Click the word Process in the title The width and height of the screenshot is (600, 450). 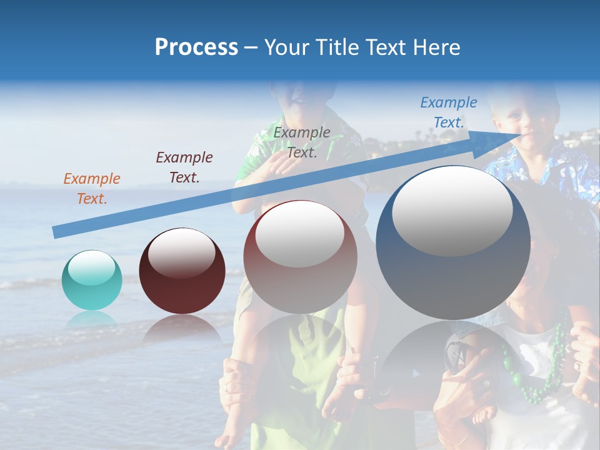tap(196, 47)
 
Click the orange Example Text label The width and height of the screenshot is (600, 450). tap(92, 188)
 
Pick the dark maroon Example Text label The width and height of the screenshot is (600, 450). tap(184, 167)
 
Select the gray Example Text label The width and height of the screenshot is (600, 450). tap(302, 142)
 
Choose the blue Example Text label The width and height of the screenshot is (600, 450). tap(449, 112)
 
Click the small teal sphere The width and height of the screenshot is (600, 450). tap(92, 280)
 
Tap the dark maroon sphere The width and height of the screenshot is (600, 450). tap(182, 271)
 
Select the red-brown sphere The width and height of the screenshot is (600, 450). tap(300, 257)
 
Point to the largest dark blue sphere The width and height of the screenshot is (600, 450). tap(452, 242)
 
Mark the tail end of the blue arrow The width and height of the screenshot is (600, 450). tap(56, 232)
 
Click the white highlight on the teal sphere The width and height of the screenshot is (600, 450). tap(91, 268)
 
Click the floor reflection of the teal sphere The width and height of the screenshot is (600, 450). tap(92, 319)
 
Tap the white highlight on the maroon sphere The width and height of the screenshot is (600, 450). tap(182, 252)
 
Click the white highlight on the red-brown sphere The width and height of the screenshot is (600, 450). tap(300, 233)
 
